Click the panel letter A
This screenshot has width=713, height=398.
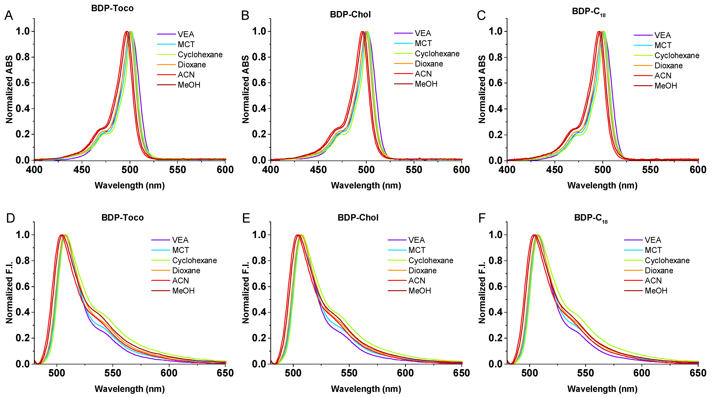[9, 15]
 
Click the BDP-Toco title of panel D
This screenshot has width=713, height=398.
[122, 217]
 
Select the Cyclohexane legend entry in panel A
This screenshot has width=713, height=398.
[200, 55]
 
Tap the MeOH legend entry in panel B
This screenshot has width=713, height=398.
[426, 84]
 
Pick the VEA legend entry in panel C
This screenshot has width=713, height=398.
[662, 35]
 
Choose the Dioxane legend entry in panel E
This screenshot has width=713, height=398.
[422, 270]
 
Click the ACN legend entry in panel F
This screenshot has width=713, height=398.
[653, 281]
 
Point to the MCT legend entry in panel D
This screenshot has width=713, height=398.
[180, 250]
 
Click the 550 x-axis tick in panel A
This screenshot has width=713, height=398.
[177, 170]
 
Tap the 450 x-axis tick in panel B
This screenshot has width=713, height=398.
[318, 170]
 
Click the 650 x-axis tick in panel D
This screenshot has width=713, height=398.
[225, 373]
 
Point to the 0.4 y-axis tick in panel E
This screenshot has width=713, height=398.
[259, 312]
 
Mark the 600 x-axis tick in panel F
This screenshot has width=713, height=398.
[642, 373]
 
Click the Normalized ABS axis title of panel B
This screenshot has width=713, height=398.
[245, 89]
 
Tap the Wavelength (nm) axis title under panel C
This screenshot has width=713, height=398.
[602, 185]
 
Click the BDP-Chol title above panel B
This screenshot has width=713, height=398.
[350, 14]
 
